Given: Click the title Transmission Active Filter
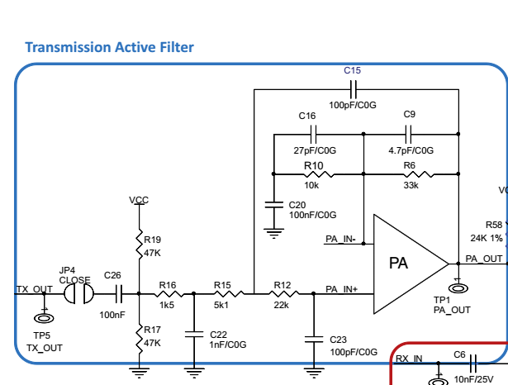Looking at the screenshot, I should point(110,47).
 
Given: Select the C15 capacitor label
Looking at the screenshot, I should point(353,71).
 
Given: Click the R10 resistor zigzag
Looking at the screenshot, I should point(318,174).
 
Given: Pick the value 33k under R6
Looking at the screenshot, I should point(410,187).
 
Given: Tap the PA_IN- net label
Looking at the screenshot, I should point(340,240).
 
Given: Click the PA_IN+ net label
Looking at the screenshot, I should point(341,289).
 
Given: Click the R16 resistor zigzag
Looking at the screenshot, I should point(168,292).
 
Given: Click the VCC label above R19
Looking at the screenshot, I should point(139,201).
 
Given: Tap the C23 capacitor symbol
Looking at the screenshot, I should point(314,337).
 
